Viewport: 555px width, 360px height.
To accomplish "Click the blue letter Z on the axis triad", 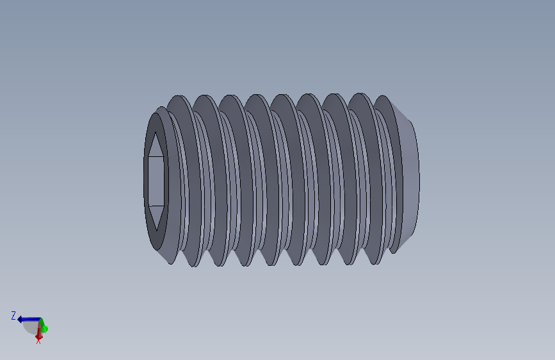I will point(13,315).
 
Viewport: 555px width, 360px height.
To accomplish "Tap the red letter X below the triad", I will point(38,341).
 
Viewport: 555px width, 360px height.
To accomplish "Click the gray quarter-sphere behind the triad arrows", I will point(31,328).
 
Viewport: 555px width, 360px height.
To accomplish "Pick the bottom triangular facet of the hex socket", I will point(156,217).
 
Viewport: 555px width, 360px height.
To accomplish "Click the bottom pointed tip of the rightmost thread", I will point(391,252).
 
